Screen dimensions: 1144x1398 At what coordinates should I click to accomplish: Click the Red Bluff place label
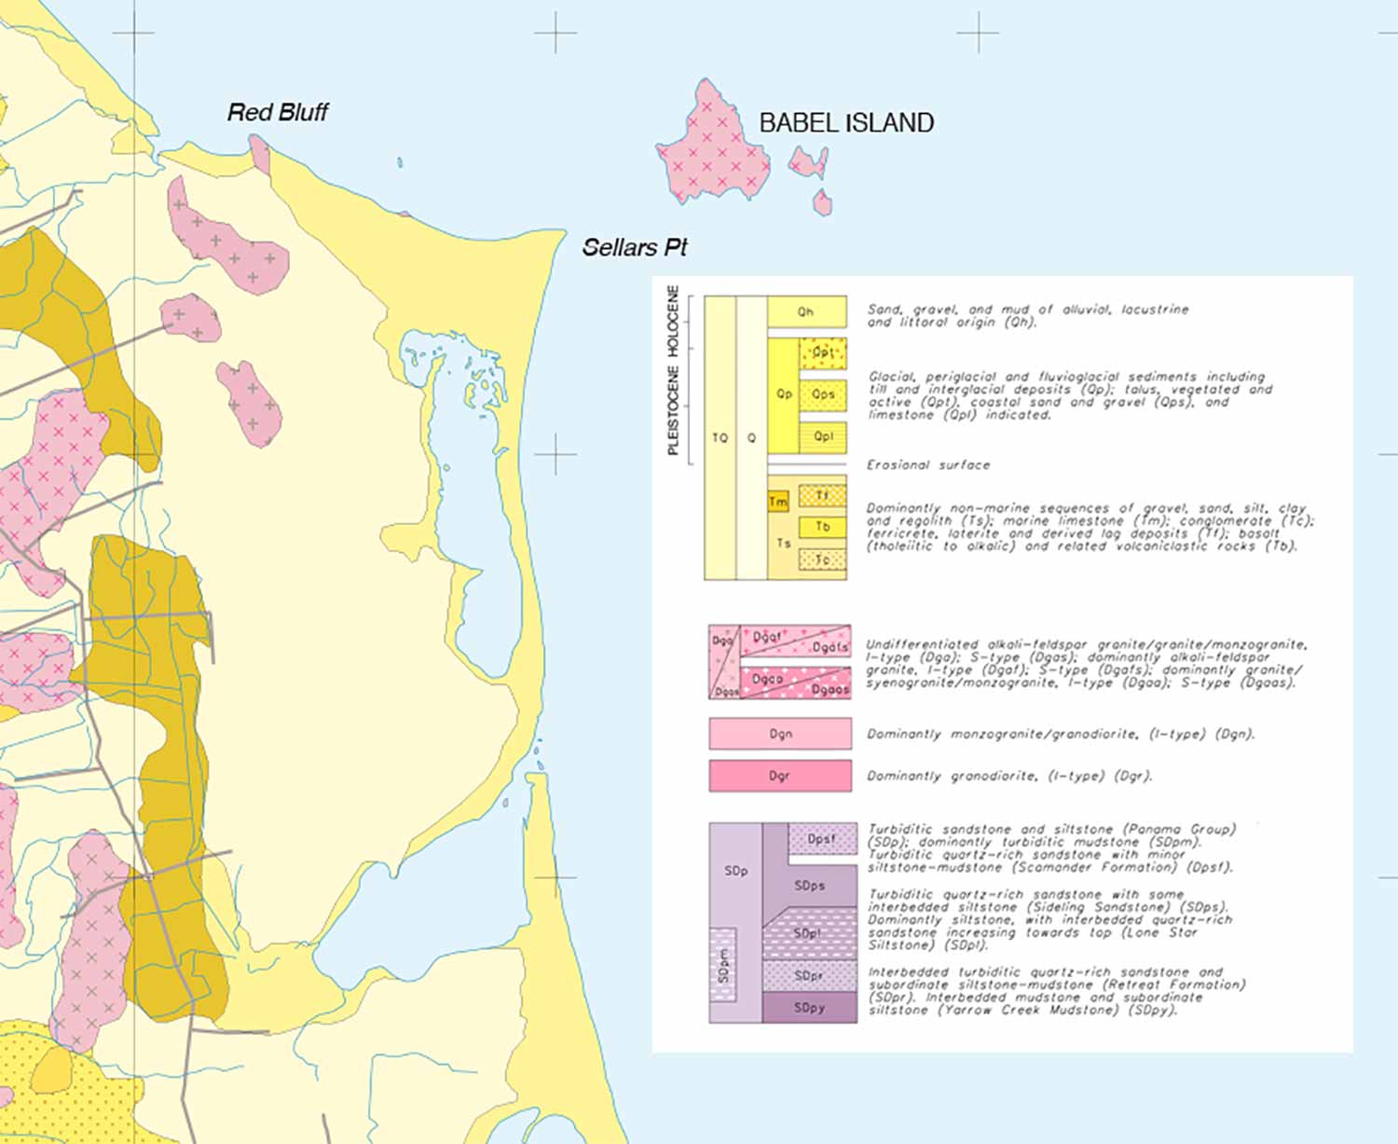[278, 113]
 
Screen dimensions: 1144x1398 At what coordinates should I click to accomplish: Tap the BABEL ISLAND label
[846, 123]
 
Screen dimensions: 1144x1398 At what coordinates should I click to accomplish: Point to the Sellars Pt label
[634, 248]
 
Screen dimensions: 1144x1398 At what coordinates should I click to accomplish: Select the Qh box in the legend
[806, 312]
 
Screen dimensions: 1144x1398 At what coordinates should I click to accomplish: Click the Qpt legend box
[823, 353]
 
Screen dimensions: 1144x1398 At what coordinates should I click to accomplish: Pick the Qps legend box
[823, 394]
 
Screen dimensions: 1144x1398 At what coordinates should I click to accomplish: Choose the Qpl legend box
[823, 436]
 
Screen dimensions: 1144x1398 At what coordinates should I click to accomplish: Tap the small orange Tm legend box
[778, 503]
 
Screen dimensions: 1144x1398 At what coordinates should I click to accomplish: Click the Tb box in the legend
[823, 528]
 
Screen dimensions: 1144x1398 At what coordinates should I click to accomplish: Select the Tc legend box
[823, 560]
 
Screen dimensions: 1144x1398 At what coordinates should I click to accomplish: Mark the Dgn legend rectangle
[780, 734]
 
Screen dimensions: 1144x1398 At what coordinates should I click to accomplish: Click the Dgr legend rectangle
[780, 776]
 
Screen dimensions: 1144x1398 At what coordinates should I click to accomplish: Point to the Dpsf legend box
[822, 839]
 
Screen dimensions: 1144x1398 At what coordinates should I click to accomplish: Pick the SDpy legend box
[809, 1008]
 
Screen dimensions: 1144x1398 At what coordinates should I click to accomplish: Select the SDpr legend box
[809, 976]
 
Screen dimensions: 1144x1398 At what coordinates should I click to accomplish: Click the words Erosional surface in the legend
[928, 465]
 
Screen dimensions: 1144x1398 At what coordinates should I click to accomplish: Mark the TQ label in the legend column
[720, 438]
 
